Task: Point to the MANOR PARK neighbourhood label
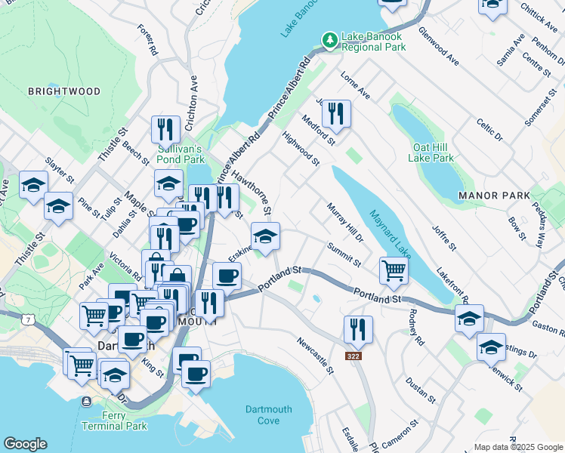coord(489,196)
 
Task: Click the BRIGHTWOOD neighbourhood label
coord(63,91)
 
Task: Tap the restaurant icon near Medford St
coord(335,113)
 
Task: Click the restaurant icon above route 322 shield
coord(357,328)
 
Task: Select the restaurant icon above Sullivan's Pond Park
coord(165,129)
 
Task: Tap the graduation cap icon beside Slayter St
coord(34,185)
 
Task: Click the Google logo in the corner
coord(25,444)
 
